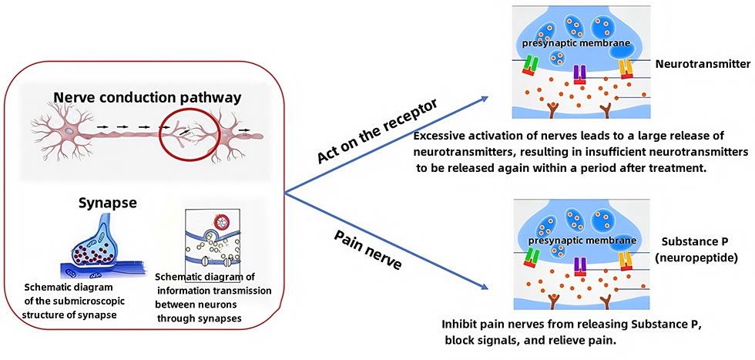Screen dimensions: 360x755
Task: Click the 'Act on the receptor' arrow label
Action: pyautogui.click(x=377, y=131)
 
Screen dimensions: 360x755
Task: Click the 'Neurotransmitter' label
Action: pyautogui.click(x=702, y=66)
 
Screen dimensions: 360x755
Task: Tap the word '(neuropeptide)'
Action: pyautogui.click(x=702, y=257)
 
